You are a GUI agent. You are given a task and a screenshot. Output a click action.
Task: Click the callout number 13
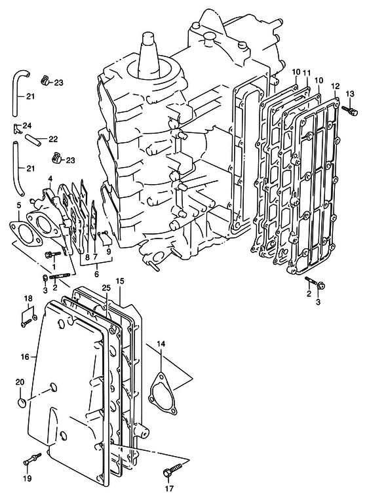[350, 94]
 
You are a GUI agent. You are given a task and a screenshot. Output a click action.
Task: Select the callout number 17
[169, 488]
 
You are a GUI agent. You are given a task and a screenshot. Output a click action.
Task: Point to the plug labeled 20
[22, 402]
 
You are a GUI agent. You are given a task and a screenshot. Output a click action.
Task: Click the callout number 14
[161, 344]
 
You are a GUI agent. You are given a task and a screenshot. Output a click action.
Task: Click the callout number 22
[53, 139]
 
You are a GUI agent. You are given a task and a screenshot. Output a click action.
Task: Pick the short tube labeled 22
[33, 141]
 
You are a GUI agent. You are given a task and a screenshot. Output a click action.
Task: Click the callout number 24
[28, 125]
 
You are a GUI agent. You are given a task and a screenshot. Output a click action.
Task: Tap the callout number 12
[336, 86]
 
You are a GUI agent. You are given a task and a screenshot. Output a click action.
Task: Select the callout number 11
[307, 73]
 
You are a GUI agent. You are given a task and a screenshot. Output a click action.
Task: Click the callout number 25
[106, 288]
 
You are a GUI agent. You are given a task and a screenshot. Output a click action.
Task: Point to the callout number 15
[120, 281]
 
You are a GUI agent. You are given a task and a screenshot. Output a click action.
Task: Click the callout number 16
[25, 357]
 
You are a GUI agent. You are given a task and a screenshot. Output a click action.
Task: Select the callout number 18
[28, 299]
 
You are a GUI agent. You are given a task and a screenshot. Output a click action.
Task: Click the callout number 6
[96, 274]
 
